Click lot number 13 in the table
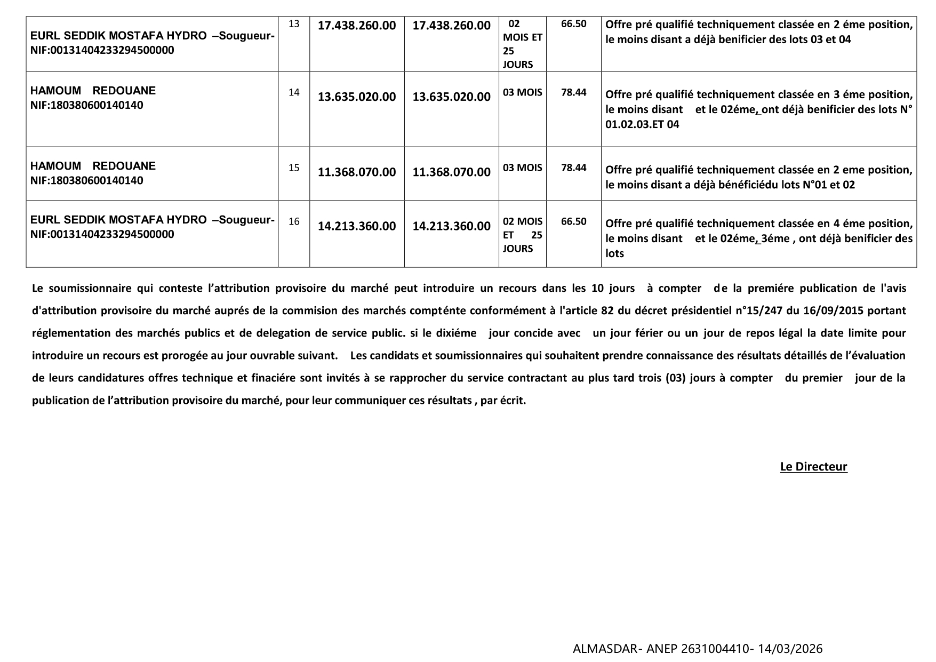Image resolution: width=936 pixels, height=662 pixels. [x=294, y=23]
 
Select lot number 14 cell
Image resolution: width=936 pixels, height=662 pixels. [x=294, y=92]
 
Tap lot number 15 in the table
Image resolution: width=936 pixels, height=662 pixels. [x=294, y=168]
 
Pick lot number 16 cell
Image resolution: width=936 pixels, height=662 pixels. [x=294, y=221]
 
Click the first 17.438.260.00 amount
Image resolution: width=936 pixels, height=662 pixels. [x=357, y=25]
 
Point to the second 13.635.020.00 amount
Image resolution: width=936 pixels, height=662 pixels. [x=451, y=97]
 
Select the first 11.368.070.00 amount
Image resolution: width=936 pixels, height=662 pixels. [x=357, y=172]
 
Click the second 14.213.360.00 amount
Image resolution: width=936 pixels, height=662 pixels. [x=451, y=226]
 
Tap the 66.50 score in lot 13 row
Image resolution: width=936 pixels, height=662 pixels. [x=573, y=23]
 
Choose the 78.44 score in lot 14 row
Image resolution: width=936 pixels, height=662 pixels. [x=573, y=92]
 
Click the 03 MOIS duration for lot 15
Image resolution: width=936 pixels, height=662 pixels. [x=522, y=168]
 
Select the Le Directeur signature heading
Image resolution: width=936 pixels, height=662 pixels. [x=813, y=466]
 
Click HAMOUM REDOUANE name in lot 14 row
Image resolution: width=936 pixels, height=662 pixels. [x=93, y=91]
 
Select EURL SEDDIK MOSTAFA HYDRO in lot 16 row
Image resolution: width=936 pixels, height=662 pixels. [x=118, y=220]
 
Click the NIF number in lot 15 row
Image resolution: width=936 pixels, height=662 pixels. [x=87, y=180]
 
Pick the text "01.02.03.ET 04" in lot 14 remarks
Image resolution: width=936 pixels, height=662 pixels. [x=642, y=124]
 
